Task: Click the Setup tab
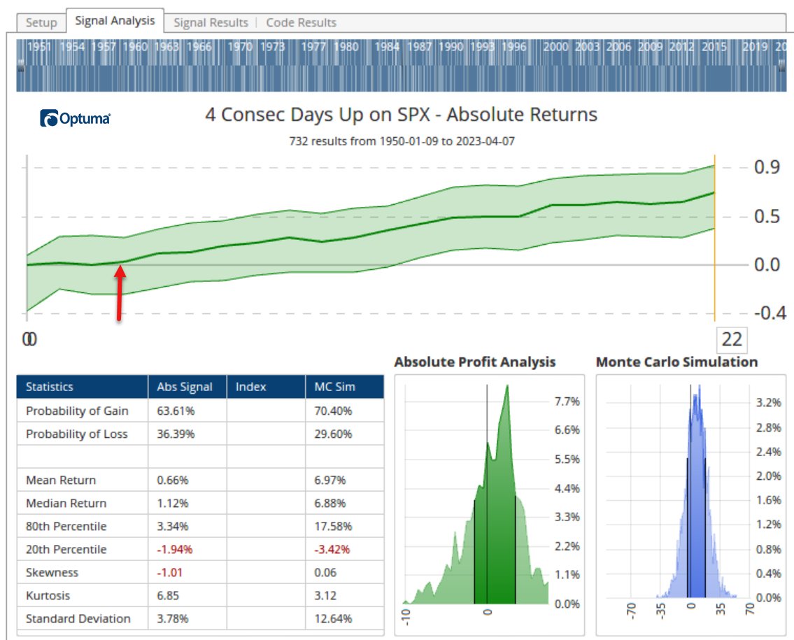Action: tap(41, 22)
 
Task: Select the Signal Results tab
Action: tap(211, 22)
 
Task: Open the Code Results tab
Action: tap(301, 22)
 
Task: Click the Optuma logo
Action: tap(75, 118)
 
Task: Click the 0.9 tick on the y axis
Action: tap(766, 167)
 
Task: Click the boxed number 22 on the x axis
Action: tap(731, 339)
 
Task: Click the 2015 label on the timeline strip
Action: tap(714, 47)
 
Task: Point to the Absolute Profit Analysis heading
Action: tap(474, 362)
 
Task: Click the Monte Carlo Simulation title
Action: tap(676, 362)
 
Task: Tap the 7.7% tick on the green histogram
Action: tap(567, 401)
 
